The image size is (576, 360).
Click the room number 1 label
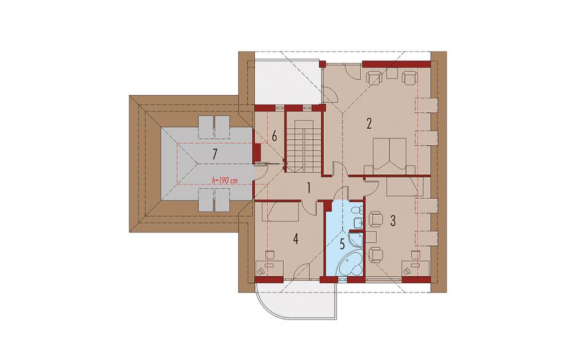(309, 188)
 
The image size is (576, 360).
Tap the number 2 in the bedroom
(369, 123)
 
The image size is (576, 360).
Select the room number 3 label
(393, 221)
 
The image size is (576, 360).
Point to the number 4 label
(296, 239)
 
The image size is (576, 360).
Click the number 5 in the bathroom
(342, 244)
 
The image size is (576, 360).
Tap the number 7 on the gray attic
(214, 155)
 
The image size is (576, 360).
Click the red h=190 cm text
(224, 180)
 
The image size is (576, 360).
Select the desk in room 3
(416, 267)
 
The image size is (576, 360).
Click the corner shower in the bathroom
(355, 239)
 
